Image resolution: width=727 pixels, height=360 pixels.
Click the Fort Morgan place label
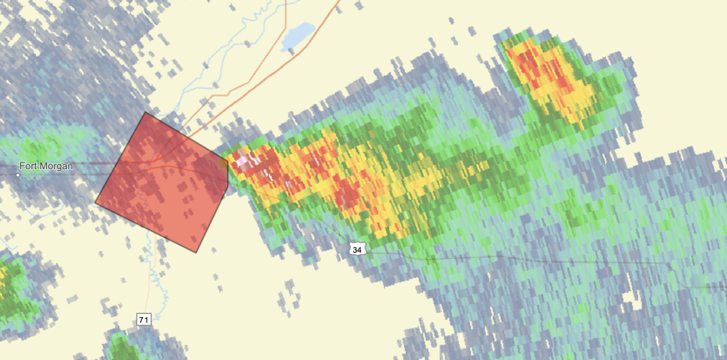point(47,166)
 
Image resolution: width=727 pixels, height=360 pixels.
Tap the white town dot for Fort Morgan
point(18,175)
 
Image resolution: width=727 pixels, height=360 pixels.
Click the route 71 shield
point(144,320)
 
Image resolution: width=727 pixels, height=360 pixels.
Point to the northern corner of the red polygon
point(145,112)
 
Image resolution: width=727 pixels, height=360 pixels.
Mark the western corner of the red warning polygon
point(95,202)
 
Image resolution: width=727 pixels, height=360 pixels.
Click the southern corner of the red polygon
point(196,252)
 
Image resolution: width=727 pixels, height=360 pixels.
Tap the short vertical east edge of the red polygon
point(227,173)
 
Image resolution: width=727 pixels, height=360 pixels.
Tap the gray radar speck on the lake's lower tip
point(291,51)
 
